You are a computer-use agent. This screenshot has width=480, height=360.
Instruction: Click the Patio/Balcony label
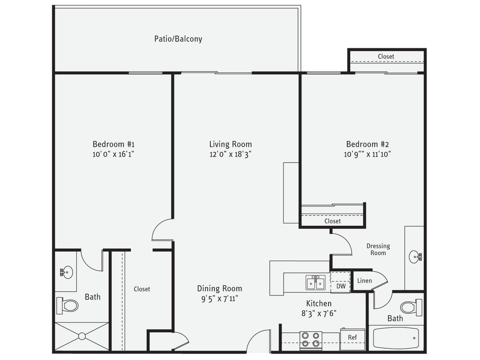point(178,39)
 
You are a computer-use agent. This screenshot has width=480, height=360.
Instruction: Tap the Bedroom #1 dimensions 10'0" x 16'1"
point(113,154)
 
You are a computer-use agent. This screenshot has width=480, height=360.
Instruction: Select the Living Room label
point(230,144)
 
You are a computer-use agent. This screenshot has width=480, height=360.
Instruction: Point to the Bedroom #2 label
point(367,144)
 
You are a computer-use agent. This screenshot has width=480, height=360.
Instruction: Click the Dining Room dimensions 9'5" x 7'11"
point(219,299)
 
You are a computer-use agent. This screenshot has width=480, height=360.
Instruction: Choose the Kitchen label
point(319,303)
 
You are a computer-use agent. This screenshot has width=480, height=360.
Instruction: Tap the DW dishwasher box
point(340,286)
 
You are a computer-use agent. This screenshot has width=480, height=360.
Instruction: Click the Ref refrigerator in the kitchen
point(352,337)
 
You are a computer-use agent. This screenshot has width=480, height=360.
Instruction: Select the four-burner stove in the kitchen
point(311,339)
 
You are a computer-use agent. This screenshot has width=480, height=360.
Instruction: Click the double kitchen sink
point(315,282)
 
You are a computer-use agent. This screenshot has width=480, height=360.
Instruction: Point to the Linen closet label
point(364,281)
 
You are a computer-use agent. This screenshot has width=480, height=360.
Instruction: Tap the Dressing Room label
point(378,250)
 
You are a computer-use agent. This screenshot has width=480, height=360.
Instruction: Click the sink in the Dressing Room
point(415,257)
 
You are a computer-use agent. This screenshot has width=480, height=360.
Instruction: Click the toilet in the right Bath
point(410,307)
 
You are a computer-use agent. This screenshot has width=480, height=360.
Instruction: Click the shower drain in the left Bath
point(81,337)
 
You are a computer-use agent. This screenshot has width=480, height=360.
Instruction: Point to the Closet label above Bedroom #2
point(386,56)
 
